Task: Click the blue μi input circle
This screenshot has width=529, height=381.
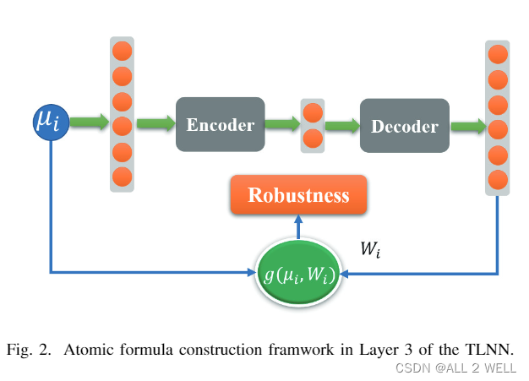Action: click(x=50, y=123)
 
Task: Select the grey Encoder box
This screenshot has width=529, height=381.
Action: click(x=220, y=124)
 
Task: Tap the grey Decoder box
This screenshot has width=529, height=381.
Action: click(x=404, y=126)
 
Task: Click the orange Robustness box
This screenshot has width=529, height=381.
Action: click(x=297, y=195)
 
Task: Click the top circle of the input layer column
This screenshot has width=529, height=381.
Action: click(x=122, y=50)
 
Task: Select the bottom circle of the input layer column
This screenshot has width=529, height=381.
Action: click(x=122, y=177)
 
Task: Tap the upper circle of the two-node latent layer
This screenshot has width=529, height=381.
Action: click(x=313, y=112)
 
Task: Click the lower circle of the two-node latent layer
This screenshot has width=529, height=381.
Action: click(x=313, y=139)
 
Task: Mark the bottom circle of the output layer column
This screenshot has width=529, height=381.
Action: click(x=499, y=179)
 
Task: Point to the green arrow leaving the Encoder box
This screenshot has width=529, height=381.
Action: click(x=281, y=124)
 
